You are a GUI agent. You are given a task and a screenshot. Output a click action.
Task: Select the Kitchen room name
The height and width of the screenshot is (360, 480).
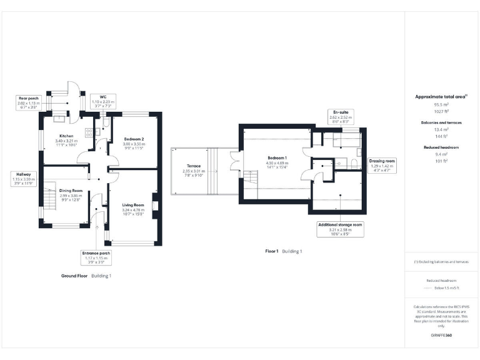[67, 136]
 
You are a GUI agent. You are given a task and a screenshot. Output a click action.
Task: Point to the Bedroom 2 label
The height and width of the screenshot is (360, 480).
[134, 139]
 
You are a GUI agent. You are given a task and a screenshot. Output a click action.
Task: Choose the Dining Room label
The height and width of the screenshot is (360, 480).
[71, 190]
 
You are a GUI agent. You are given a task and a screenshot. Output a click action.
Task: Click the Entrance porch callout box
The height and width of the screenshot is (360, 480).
[96, 257]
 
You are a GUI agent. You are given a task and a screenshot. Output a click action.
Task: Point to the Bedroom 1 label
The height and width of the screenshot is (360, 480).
[277, 157]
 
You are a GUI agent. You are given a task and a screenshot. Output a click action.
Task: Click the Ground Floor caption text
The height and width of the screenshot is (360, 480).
[75, 275]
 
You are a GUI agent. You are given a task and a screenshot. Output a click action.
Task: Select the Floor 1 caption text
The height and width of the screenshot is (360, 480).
[271, 251]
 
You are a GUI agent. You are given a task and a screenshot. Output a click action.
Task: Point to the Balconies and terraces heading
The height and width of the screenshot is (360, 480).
[441, 123]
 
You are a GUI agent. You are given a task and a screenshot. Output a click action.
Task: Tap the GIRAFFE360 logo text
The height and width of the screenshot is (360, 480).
[441, 335]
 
